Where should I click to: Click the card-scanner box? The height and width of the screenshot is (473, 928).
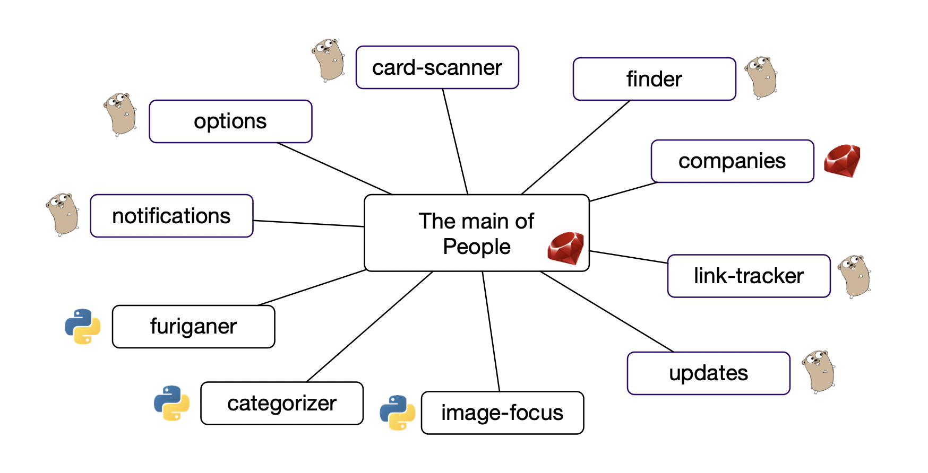pyautogui.click(x=437, y=67)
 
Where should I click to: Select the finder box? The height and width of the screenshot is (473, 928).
pyautogui.click(x=654, y=79)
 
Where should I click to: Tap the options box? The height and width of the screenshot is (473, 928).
pyautogui.click(x=230, y=121)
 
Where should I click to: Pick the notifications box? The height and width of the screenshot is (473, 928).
pyautogui.click(x=171, y=216)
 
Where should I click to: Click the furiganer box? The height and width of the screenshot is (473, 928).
pyautogui.click(x=193, y=327)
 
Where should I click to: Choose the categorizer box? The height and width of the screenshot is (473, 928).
pyautogui.click(x=282, y=404)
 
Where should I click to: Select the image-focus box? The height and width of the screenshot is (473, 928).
pyautogui.click(x=502, y=413)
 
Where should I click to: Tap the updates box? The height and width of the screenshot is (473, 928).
pyautogui.click(x=708, y=373)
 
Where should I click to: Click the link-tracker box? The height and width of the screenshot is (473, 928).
pyautogui.click(x=749, y=276)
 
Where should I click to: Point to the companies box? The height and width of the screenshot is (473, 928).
pyautogui.click(x=732, y=161)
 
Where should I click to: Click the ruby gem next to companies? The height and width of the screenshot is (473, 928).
pyautogui.click(x=842, y=161)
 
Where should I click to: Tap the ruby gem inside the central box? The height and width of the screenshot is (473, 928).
pyautogui.click(x=566, y=248)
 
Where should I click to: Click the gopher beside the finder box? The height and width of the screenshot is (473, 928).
pyautogui.click(x=761, y=77)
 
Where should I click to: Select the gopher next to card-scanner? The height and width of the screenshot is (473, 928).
pyautogui.click(x=328, y=60)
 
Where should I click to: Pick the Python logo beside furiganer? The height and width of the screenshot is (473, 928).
pyautogui.click(x=83, y=327)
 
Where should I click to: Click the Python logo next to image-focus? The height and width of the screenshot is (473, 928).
pyautogui.click(x=397, y=413)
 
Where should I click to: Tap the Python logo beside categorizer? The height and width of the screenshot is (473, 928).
pyautogui.click(x=171, y=403)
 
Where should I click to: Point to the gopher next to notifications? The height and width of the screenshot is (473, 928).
pyautogui.click(x=63, y=214)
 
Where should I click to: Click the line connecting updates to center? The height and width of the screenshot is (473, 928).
pyautogui.click(x=606, y=311)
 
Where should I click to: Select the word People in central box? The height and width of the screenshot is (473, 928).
pyautogui.click(x=476, y=247)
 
